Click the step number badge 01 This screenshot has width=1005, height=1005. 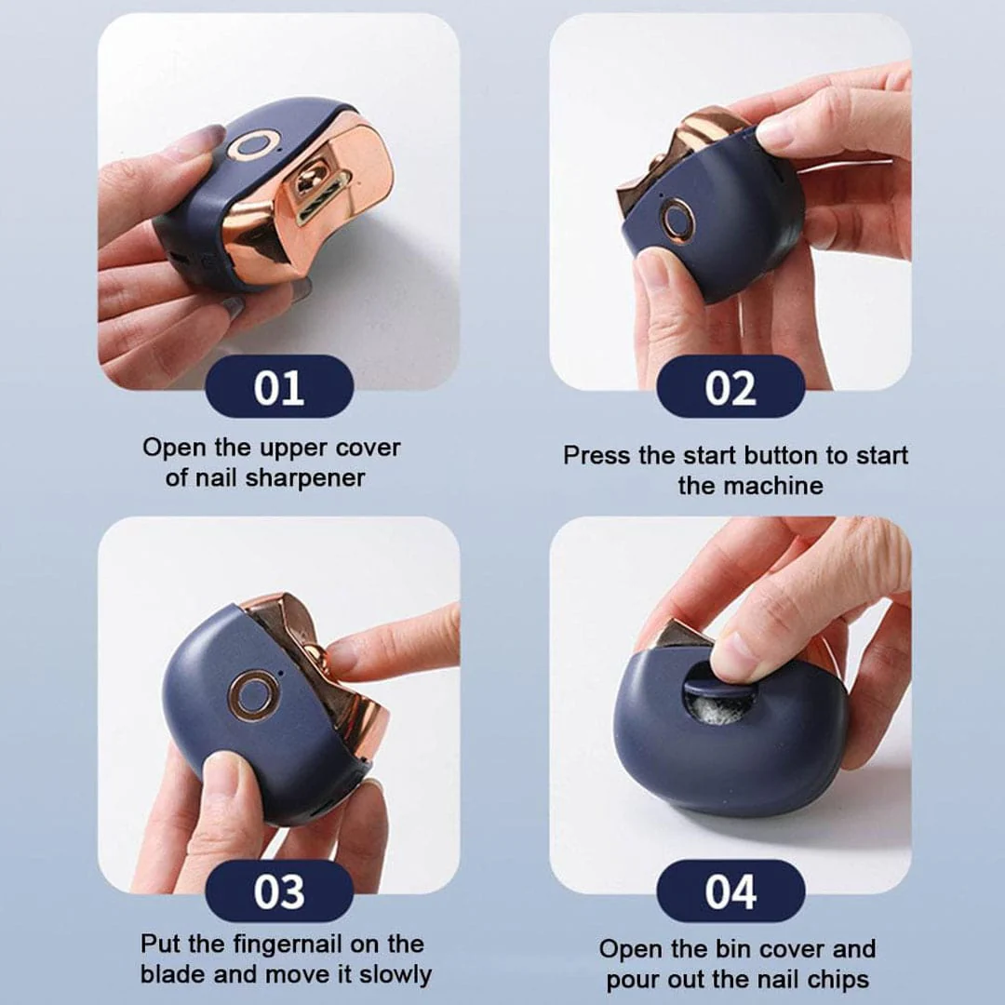(278, 386)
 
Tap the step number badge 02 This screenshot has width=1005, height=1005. (730, 386)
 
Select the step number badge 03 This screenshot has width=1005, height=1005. (278, 891)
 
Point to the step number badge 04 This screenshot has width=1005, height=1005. (730, 891)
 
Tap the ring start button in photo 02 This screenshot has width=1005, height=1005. (677, 221)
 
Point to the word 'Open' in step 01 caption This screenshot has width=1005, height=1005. (175, 448)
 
